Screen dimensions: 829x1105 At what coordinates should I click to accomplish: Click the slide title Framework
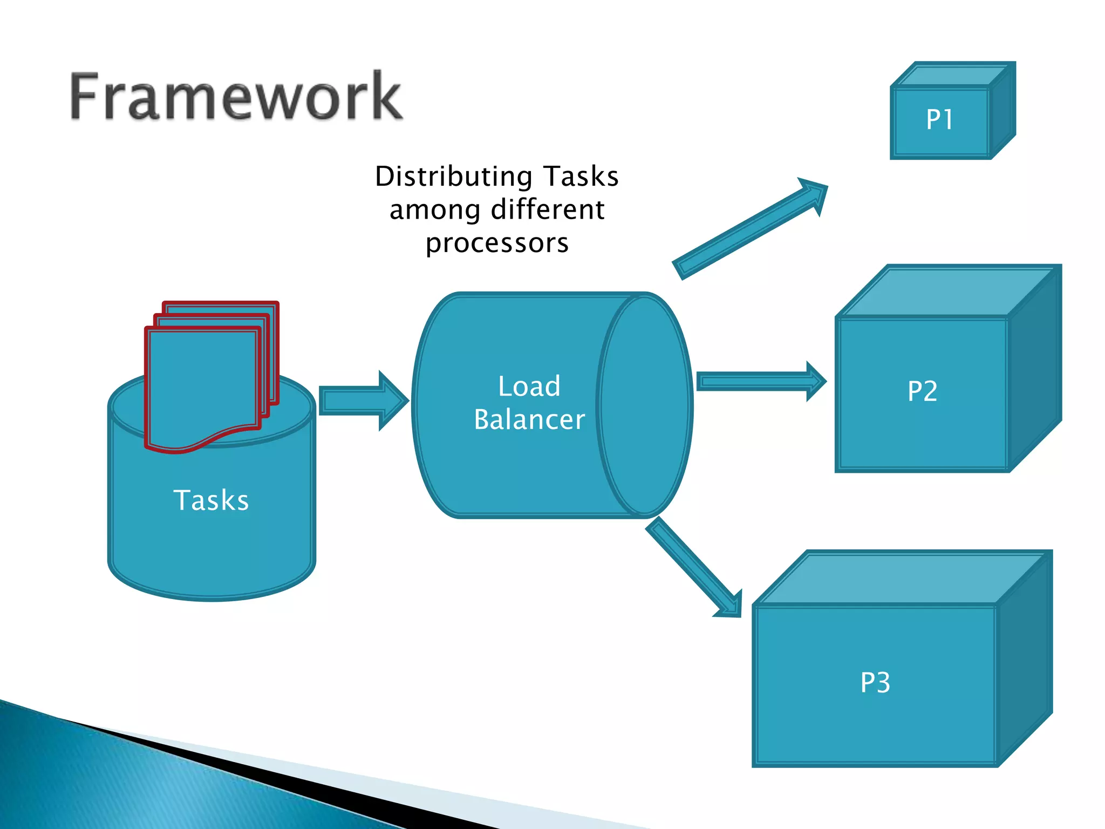tap(236, 96)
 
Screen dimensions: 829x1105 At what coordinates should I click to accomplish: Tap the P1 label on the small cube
tap(939, 119)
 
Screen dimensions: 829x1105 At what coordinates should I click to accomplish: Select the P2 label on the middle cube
tap(922, 391)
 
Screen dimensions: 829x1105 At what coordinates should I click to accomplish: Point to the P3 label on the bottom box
tap(875, 682)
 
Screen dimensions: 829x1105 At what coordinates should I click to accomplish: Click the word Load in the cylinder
tap(529, 386)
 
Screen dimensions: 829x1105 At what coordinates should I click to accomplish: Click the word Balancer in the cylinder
tap(529, 420)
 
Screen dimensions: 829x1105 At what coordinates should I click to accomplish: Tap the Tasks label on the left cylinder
tap(211, 500)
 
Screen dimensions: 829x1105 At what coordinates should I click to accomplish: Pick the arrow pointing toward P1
tap(750, 228)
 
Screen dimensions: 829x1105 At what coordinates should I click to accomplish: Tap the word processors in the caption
tap(496, 243)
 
